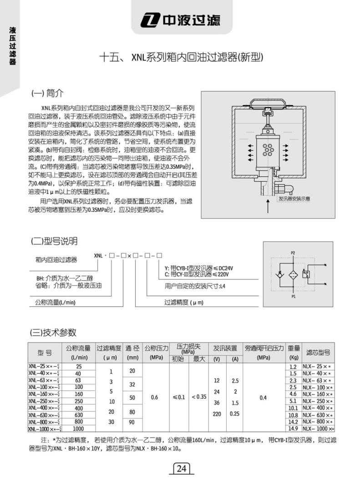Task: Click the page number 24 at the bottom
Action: pyautogui.click(x=182, y=469)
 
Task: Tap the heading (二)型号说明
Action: pyautogui.click(x=54, y=241)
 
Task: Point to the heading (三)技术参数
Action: pyautogui.click(x=53, y=332)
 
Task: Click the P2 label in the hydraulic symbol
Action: pyautogui.click(x=293, y=252)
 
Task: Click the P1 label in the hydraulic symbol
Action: pyautogui.click(x=293, y=297)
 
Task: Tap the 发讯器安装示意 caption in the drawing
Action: pyautogui.click(x=294, y=199)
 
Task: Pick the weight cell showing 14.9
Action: pyautogui.click(x=293, y=429)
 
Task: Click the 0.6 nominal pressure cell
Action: pyautogui.click(x=154, y=397)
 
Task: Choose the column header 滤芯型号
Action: pyautogui.click(x=318, y=352)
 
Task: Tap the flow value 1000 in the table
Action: pyautogui.click(x=78, y=429)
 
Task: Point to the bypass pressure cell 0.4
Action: pyautogui.click(x=263, y=397)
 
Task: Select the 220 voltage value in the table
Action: pyautogui.click(x=217, y=415)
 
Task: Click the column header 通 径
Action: pyautogui.click(x=132, y=348)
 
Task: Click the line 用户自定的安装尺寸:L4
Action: pyautogui.click(x=195, y=287)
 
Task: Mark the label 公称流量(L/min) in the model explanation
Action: pyautogui.click(x=55, y=302)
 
